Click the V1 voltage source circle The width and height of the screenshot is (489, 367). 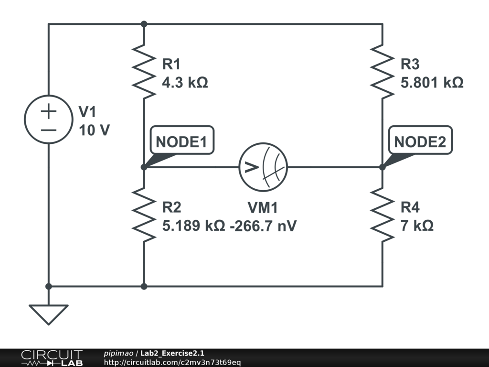[48, 119]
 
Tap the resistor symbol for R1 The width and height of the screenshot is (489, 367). [144, 72]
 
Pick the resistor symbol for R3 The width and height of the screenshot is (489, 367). [383, 72]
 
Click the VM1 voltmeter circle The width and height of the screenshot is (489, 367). [263, 167]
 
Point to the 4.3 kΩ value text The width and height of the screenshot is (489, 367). [185, 83]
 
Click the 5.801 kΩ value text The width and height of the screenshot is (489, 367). [432, 83]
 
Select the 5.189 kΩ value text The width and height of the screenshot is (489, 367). [193, 226]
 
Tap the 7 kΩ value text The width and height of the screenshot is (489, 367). [417, 226]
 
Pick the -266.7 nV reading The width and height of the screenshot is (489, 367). [263, 226]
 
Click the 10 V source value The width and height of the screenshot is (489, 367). [95, 130]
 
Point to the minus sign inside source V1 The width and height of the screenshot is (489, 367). [48, 129]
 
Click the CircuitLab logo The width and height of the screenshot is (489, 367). [51, 357]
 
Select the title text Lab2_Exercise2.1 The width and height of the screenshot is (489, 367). [172, 353]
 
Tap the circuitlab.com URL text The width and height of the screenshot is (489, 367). [172, 362]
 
